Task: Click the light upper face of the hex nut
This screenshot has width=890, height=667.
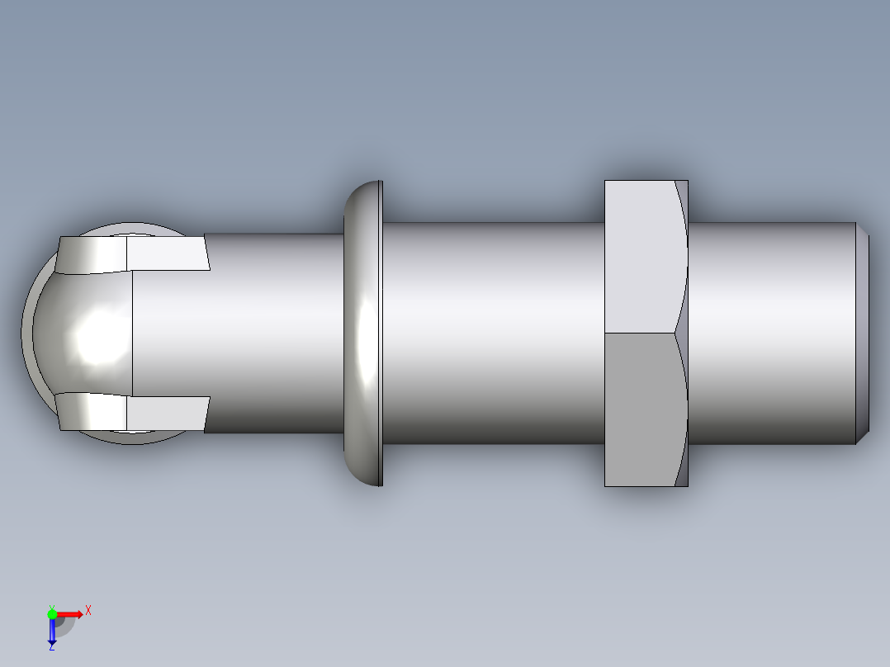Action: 640,256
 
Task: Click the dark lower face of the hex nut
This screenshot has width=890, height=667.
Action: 640,409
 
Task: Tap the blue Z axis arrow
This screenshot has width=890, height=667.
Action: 52,632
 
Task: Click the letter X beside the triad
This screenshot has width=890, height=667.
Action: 88,610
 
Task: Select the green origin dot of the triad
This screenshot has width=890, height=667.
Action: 52,613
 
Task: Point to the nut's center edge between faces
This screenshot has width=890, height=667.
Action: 640,333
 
